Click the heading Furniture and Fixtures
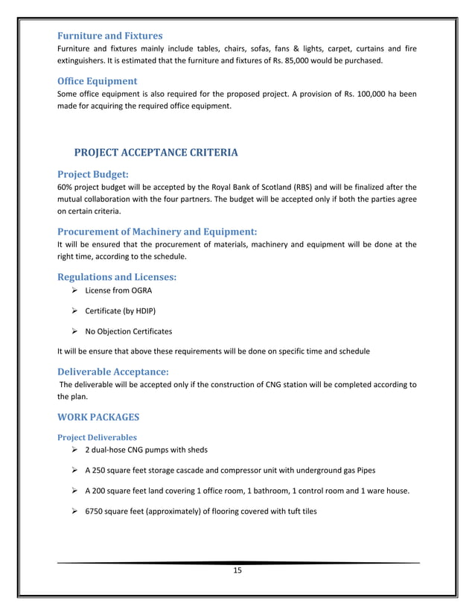[x=110, y=35]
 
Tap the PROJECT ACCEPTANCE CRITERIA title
[x=156, y=153]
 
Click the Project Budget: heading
[x=93, y=173]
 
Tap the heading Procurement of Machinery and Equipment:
[x=157, y=231]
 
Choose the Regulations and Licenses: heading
[x=117, y=276]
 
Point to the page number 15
[x=238, y=570]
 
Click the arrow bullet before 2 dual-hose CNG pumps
[x=74, y=450]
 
